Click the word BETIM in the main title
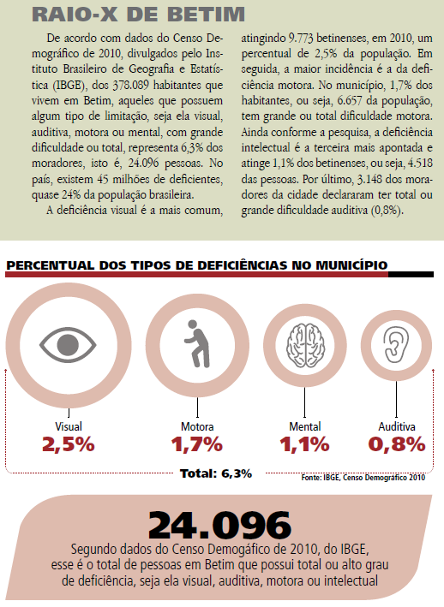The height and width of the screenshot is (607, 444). pyautogui.click(x=206, y=15)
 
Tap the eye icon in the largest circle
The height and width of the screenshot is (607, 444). pyautogui.click(x=68, y=344)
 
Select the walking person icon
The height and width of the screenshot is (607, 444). pyautogui.click(x=197, y=344)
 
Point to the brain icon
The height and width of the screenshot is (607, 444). pyautogui.click(x=305, y=345)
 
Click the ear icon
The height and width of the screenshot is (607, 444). pyautogui.click(x=396, y=344)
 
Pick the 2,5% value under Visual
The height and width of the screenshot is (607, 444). pyautogui.click(x=69, y=444)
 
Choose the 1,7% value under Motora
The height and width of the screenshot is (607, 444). pyautogui.click(x=197, y=444)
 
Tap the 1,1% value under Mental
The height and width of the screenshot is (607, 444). pyautogui.click(x=304, y=444)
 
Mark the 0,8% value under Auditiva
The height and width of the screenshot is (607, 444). pyautogui.click(x=397, y=444)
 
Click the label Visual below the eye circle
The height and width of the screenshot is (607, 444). pyautogui.click(x=69, y=426)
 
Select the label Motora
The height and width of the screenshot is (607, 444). pyautogui.click(x=197, y=426)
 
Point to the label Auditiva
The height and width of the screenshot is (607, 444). pyautogui.click(x=397, y=426)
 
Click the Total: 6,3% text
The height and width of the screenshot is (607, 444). pyautogui.click(x=216, y=473)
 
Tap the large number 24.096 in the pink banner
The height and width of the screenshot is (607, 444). pyautogui.click(x=219, y=525)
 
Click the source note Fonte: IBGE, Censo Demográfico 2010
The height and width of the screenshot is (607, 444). pyautogui.click(x=363, y=478)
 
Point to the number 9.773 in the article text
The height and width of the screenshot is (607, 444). pyautogui.click(x=301, y=38)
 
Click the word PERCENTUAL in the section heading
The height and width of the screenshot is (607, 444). pyautogui.click(x=51, y=265)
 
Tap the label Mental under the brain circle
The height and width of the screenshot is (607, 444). pyautogui.click(x=305, y=426)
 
